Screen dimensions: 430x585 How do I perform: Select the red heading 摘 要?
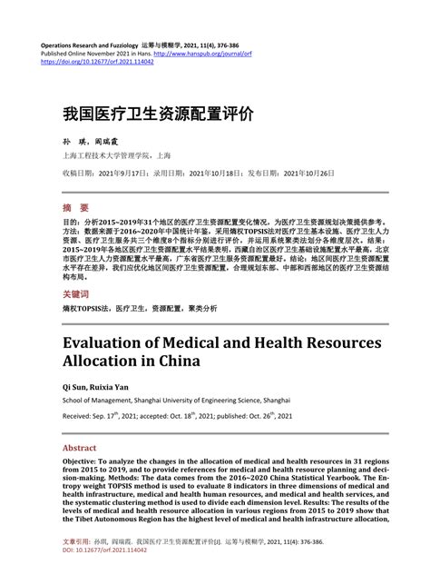[x=75, y=207]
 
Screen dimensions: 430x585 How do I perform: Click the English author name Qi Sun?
[x=76, y=386]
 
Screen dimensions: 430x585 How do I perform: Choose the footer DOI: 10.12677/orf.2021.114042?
[x=113, y=577]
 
